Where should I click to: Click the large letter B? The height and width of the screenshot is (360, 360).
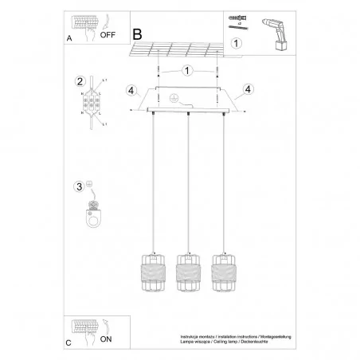137,33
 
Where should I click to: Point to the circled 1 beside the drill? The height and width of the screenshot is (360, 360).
235,42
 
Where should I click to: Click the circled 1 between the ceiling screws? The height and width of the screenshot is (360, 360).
186,69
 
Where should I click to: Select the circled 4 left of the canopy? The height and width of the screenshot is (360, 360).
130,89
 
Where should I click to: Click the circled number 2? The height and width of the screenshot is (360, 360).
80,82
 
